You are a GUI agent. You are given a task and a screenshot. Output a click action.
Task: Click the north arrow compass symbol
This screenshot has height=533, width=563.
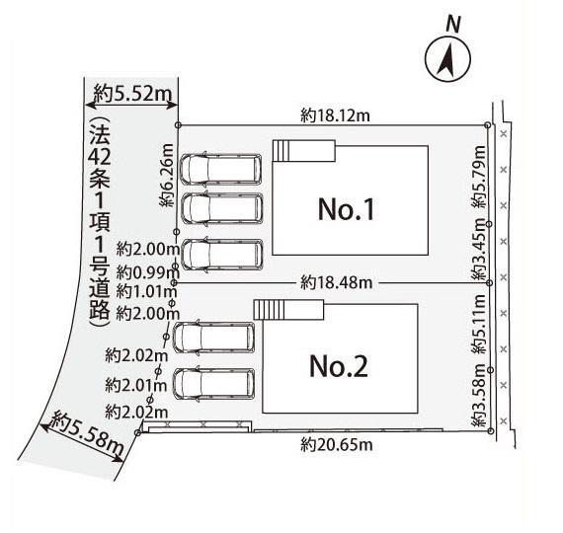pyautogui.click(x=447, y=59)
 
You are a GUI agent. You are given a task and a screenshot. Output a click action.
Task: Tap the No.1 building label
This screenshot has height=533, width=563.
pyautogui.click(x=346, y=209)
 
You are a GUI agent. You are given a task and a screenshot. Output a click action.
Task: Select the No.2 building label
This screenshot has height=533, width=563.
pyautogui.click(x=338, y=366)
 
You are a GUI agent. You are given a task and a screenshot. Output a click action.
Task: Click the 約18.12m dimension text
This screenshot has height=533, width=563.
pyautogui.click(x=335, y=115)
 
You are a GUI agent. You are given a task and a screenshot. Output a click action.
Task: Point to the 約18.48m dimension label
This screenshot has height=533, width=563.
pyautogui.click(x=337, y=283)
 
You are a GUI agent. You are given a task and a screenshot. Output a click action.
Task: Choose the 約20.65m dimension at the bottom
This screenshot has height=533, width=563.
pyautogui.click(x=337, y=445)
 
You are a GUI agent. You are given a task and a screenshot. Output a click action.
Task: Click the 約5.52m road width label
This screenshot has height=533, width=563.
pyautogui.click(x=132, y=94)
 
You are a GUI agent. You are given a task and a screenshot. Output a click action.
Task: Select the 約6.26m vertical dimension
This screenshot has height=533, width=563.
pyautogui.click(x=167, y=175)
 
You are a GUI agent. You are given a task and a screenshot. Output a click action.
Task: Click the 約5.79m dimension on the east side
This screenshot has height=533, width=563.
pyautogui.click(x=479, y=177)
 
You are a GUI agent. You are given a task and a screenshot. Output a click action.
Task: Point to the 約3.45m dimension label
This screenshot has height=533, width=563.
pyautogui.click(x=479, y=249)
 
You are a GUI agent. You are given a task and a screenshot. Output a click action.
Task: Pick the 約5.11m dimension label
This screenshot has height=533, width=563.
pyautogui.click(x=479, y=324)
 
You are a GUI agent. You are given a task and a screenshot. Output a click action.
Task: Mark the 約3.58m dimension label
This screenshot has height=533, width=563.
pyautogui.click(x=479, y=395)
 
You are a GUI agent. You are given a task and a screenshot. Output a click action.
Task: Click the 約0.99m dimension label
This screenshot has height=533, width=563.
pyautogui.click(x=147, y=273)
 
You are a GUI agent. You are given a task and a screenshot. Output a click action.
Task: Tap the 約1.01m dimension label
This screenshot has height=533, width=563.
pyautogui.click(x=146, y=291)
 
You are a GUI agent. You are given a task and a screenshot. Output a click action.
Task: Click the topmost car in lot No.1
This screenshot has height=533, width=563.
pyautogui.click(x=221, y=170)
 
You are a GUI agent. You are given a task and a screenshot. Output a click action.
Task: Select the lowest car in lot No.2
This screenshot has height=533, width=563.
pyautogui.click(x=214, y=384)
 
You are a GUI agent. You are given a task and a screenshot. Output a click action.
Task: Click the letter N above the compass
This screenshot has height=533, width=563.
pyautogui.click(x=453, y=25)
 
